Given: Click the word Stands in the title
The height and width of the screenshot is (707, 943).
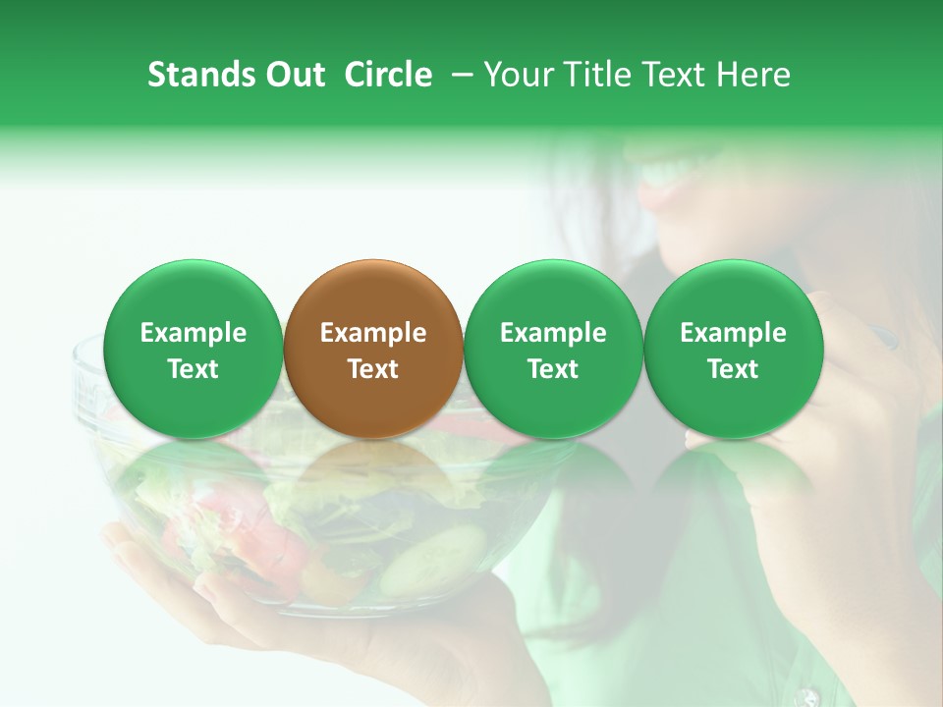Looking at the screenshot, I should point(200,75).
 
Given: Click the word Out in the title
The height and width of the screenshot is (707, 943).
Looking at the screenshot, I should point(293,75).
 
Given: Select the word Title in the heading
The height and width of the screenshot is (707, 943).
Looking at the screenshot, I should point(600,75).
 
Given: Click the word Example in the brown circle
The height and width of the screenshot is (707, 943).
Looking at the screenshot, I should point(373,333).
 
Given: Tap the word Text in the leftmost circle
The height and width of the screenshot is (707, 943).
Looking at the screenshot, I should point(194,369).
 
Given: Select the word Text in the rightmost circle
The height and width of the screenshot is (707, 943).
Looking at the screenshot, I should point(733,369).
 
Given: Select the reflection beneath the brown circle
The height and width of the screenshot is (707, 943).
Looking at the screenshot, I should point(373,481).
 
